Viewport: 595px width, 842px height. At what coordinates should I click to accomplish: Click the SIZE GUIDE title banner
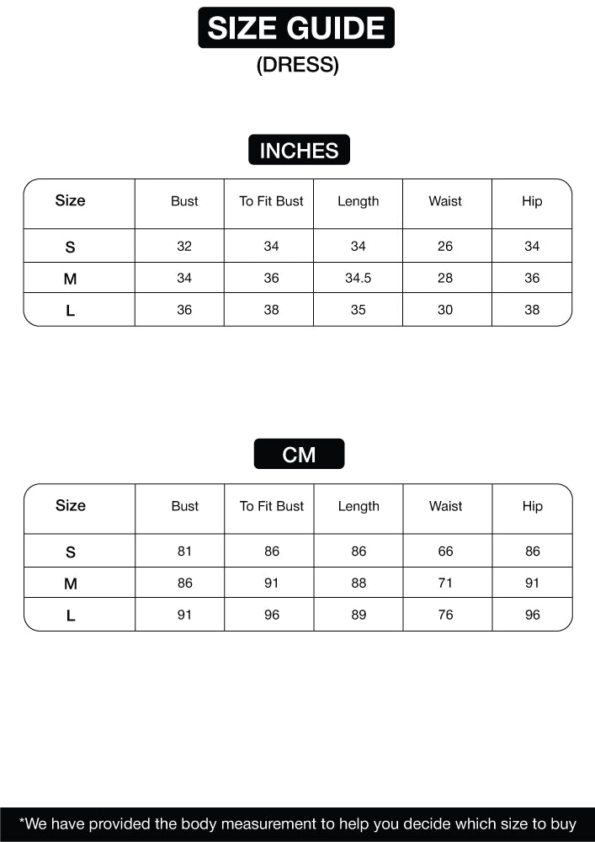[296, 28]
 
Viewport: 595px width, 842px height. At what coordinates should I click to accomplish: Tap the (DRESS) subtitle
[297, 66]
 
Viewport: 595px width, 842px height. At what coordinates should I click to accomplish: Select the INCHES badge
[299, 151]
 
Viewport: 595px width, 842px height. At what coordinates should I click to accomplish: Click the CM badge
[299, 455]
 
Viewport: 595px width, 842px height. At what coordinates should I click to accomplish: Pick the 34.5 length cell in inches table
[358, 278]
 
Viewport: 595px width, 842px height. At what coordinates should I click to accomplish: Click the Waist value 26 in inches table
[445, 246]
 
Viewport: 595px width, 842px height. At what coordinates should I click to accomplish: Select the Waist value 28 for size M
[445, 278]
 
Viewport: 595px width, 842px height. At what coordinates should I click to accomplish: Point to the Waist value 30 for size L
[445, 310]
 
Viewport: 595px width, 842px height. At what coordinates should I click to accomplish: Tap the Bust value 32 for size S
[184, 246]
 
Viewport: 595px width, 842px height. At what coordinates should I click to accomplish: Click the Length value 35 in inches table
[358, 310]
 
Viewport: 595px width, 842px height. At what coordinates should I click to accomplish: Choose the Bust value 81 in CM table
[184, 552]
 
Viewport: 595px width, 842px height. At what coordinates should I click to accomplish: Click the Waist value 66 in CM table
[445, 552]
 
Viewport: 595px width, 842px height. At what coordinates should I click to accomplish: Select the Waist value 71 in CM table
[445, 583]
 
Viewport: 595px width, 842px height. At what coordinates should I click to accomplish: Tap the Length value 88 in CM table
[359, 583]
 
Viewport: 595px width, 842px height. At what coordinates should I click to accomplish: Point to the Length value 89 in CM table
[359, 615]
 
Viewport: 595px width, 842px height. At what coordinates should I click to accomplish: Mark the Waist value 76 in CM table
[445, 615]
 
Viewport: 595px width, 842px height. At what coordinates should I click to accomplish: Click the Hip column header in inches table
[532, 201]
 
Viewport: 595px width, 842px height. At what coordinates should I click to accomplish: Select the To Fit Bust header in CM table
[271, 506]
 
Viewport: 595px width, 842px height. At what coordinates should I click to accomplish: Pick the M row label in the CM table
[71, 584]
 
